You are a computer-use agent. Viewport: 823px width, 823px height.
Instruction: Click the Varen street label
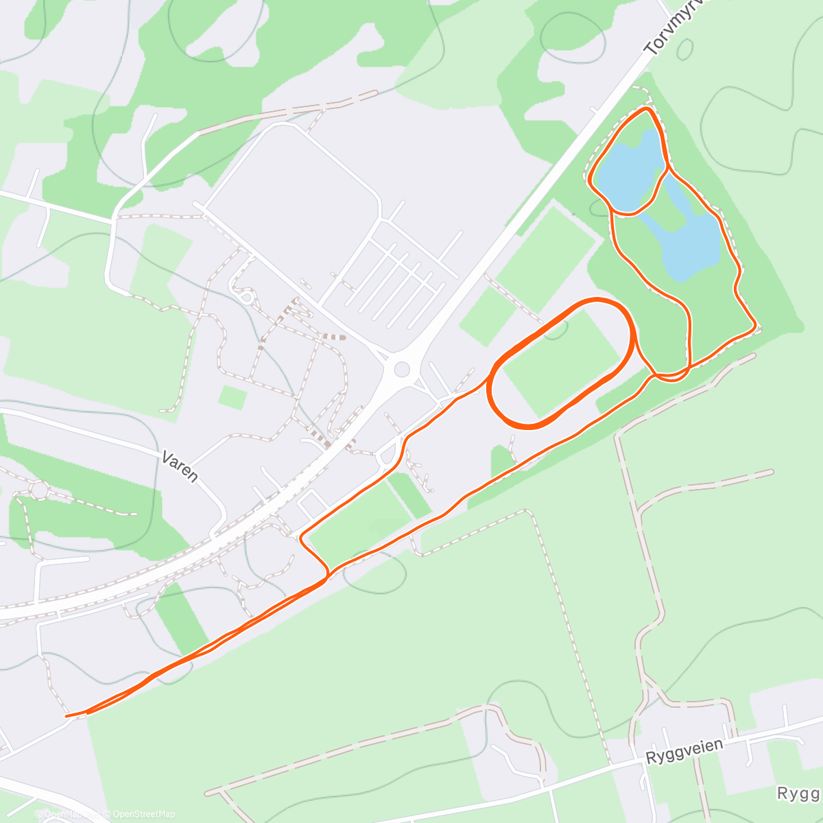point(180,466)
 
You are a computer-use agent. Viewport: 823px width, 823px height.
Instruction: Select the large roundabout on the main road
point(402,370)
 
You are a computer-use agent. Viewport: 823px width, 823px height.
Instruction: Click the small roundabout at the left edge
point(39,490)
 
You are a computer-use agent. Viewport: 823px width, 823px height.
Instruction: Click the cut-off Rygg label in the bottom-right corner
point(799,794)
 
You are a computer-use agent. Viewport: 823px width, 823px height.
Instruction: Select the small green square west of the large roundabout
point(232,397)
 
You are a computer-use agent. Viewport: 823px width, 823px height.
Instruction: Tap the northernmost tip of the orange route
point(646,108)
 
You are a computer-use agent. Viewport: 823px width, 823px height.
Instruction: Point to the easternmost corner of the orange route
point(755,325)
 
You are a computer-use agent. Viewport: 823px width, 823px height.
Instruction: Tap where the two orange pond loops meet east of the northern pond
point(667,167)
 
